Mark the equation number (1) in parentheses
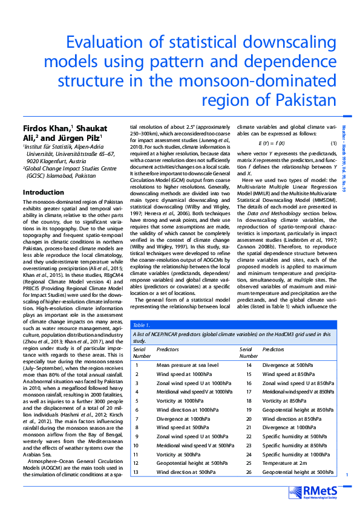pos(333,142)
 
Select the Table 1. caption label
pos(142,325)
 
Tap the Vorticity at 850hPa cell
pos(283,400)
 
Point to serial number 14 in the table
pos(249,365)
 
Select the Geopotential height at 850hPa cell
pos(298,409)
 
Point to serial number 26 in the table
pos(249,472)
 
